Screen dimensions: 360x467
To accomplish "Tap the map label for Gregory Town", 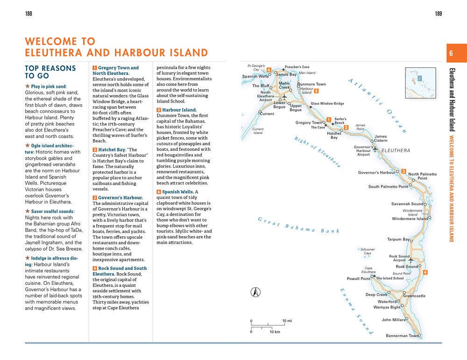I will pos(309,123).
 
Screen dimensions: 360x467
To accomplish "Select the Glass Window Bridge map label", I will pos(327,104).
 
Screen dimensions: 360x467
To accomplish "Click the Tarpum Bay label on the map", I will pos(398,240).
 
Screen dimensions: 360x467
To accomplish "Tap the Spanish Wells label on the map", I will pos(255,77).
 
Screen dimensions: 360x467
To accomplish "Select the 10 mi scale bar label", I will pos(287,321).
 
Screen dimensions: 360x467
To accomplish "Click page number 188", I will pos(28,14).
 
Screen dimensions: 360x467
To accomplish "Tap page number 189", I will pos(438,14).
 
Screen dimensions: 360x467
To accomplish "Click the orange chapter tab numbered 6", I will pos(451,53).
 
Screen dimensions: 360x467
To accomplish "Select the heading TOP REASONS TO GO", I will pos(50,72).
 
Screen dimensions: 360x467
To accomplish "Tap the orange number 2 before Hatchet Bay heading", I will pos(95,150).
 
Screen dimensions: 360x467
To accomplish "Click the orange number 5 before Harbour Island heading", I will pos(159,110).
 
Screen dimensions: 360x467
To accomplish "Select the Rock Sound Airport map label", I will pos(399,258).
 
